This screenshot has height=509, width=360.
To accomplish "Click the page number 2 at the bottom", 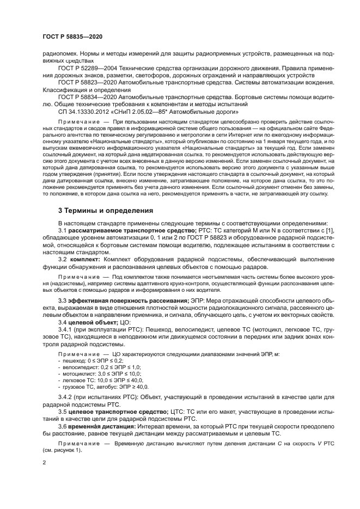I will pyautogui.click(x=44, y=462).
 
